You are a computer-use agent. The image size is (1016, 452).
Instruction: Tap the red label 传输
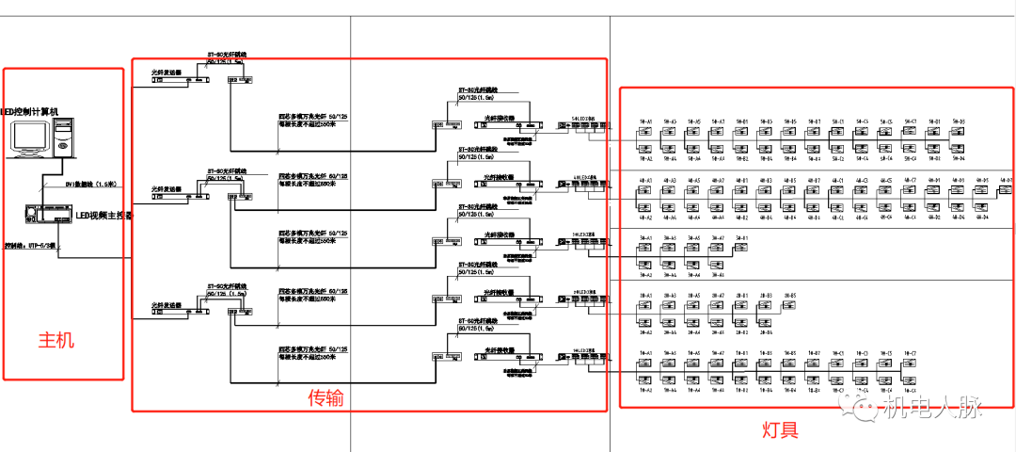tap(325, 398)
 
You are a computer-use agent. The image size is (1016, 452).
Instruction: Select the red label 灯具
tap(780, 430)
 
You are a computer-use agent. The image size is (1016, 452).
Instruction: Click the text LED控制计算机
tap(30, 112)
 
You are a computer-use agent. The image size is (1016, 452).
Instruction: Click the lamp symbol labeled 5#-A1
tap(645, 134)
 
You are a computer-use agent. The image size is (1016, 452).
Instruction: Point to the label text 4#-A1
tap(645, 180)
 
